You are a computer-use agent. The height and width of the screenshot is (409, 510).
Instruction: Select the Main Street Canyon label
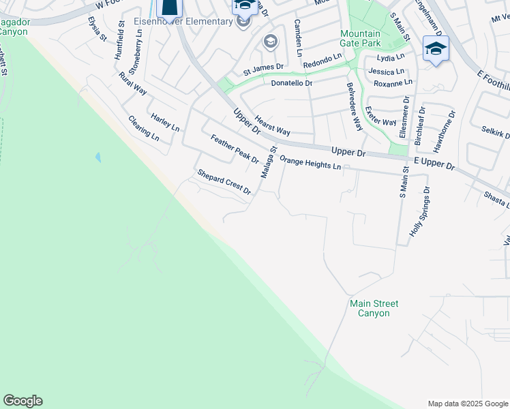pos(374,308)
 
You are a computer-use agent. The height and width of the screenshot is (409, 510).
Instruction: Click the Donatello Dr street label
pos(291,83)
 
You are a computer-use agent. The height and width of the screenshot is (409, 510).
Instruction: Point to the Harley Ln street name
pos(165,123)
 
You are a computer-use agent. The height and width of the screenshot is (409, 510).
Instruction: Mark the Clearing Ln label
pos(143,128)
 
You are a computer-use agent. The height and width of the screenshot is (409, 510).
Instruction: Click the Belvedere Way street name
pos(354,106)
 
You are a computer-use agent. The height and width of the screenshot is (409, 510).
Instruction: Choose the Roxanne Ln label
pos(393,82)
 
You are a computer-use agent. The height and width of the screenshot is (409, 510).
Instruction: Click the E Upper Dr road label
pos(434,162)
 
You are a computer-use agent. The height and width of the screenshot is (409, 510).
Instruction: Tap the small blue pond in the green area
pos(98,157)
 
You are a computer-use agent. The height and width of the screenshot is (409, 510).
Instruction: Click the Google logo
pos(22,401)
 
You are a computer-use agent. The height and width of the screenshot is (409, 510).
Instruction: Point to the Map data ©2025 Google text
pos(468,404)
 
